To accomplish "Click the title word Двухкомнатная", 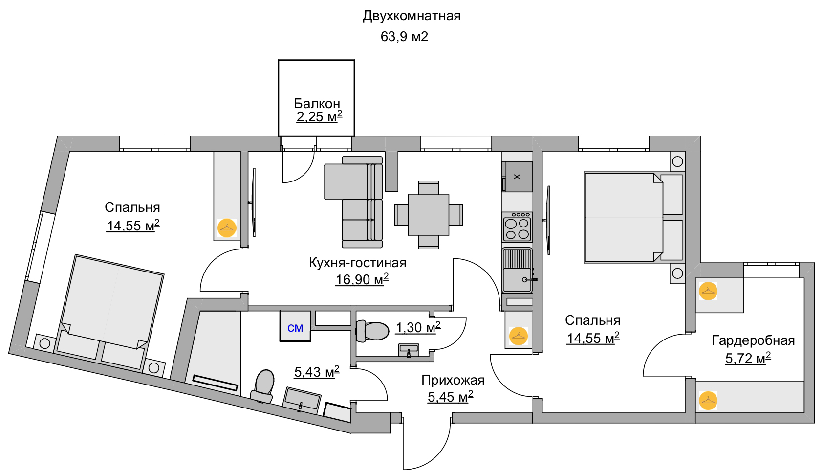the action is pos(412,16).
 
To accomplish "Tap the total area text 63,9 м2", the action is pos(404,36).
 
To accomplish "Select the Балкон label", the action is pos(317,103).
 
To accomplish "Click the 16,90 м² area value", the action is pos(362,279).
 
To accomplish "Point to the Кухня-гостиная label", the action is pos(358,263).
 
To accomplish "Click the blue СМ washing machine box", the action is pos(295,326).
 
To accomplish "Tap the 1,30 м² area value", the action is pos(418,327).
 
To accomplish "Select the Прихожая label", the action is pos(453,380).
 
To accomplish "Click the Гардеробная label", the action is pos(753,340).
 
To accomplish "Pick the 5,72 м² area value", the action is pos(748,358).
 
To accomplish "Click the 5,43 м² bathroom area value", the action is pos(317,372).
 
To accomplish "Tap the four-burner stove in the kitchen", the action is pos(517,227).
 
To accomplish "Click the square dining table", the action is pos(429,215).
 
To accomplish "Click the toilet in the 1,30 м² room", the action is pos(372,331).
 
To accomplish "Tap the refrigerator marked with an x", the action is pos(517,176).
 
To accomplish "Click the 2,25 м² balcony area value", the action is pos(319,116).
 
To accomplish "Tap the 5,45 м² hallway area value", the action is pos(450,396).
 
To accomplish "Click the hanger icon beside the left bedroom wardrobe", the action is pos(227,228).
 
